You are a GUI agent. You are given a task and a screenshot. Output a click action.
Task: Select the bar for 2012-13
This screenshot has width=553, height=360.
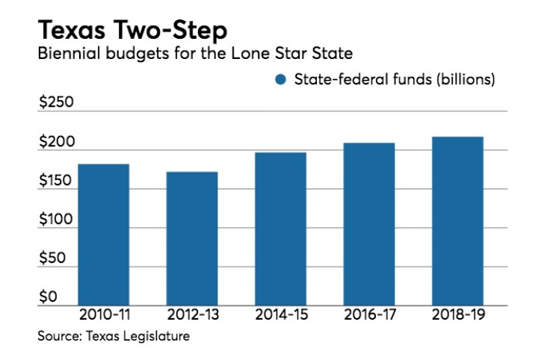192,238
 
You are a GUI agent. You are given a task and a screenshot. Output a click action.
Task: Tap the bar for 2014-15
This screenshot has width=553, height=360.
280,229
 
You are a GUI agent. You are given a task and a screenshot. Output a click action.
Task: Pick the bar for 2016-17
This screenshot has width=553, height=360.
368,224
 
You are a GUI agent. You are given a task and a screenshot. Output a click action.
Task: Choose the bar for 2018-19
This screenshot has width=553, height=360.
457,221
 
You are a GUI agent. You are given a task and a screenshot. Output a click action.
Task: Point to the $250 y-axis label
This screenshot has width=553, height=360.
56,102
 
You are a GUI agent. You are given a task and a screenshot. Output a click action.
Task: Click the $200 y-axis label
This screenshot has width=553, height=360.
56,141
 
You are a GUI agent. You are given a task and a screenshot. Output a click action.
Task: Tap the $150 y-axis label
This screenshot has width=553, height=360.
56,181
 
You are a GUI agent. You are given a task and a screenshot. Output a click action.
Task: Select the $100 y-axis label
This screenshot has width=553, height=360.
56,220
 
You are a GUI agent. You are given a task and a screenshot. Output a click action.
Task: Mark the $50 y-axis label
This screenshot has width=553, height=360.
52,258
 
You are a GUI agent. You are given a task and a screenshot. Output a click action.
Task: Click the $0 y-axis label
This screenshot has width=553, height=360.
48,297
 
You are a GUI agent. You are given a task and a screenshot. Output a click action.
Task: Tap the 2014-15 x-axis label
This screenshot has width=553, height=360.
280,315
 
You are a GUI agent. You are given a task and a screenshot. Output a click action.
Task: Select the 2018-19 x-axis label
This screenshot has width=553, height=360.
457,315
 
